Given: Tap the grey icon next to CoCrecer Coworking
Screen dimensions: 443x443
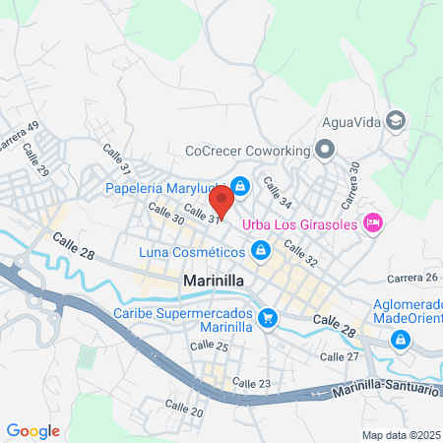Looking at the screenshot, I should [x=326, y=151].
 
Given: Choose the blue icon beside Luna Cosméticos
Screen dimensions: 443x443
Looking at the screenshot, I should [x=261, y=253].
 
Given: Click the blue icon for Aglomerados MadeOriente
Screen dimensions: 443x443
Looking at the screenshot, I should [x=401, y=341].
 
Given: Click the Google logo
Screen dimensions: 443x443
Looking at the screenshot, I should [x=32, y=430].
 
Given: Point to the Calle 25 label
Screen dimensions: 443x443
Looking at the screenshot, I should [x=209, y=348].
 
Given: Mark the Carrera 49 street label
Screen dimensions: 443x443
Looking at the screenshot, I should [x=20, y=136].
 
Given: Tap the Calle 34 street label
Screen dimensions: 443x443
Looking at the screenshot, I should [x=278, y=192].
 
